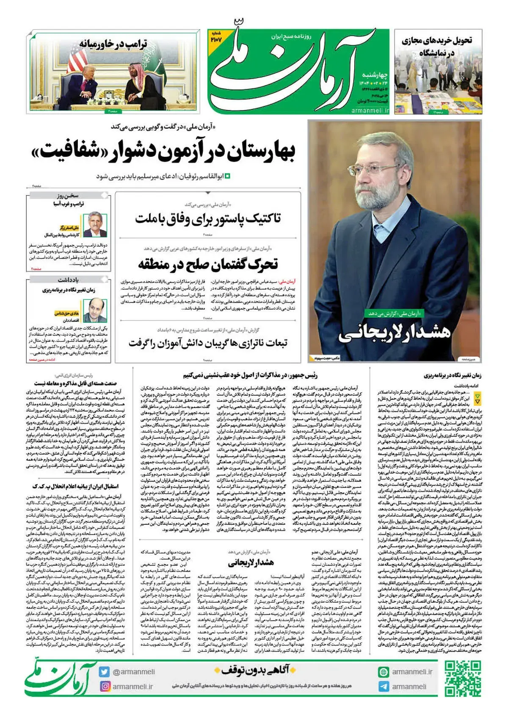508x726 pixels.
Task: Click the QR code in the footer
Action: click(463, 679)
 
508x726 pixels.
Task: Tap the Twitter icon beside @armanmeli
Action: click(104, 672)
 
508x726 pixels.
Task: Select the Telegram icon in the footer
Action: click(384, 687)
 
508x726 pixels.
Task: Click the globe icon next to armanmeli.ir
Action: click(384, 672)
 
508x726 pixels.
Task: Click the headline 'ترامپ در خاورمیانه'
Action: click(113, 44)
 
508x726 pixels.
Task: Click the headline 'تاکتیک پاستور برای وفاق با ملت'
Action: click(208, 219)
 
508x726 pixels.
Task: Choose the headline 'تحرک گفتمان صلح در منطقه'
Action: click(208, 264)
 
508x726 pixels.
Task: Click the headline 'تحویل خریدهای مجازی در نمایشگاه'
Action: click(436, 46)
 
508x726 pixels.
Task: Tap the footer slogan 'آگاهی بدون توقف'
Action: click(255, 670)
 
